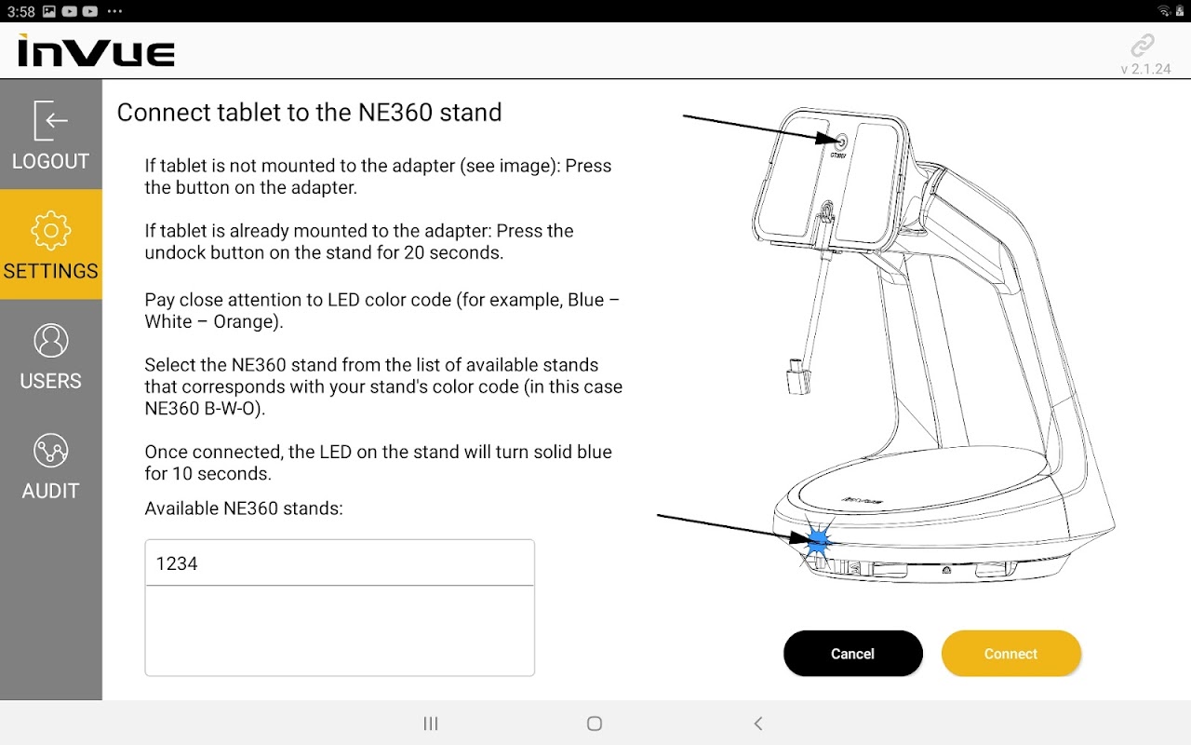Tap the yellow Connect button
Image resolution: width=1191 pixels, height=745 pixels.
[x=1010, y=654]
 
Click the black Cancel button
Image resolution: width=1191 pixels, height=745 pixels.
[x=853, y=654]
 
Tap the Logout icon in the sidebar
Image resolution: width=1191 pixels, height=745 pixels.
[x=50, y=120]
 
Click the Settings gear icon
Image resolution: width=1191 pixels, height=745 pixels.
[x=50, y=230]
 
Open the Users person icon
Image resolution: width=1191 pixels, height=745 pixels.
[x=50, y=341]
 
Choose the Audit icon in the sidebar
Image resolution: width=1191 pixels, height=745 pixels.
[x=50, y=451]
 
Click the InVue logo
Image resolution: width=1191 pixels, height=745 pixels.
[x=96, y=50]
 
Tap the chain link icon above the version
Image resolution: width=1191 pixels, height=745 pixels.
[x=1142, y=46]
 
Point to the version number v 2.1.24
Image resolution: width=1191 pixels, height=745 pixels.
[x=1145, y=69]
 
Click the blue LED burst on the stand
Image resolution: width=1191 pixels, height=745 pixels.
[x=817, y=543]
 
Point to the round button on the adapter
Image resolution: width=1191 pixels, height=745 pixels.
[x=840, y=142]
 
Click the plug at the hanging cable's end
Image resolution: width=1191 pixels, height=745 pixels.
[x=798, y=377]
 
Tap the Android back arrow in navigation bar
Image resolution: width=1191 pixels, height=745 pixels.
[x=758, y=724]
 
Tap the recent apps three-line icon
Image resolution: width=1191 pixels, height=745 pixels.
[x=431, y=724]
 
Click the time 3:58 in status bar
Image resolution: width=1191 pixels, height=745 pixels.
[x=21, y=11]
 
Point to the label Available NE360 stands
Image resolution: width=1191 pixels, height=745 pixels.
[x=244, y=508]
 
